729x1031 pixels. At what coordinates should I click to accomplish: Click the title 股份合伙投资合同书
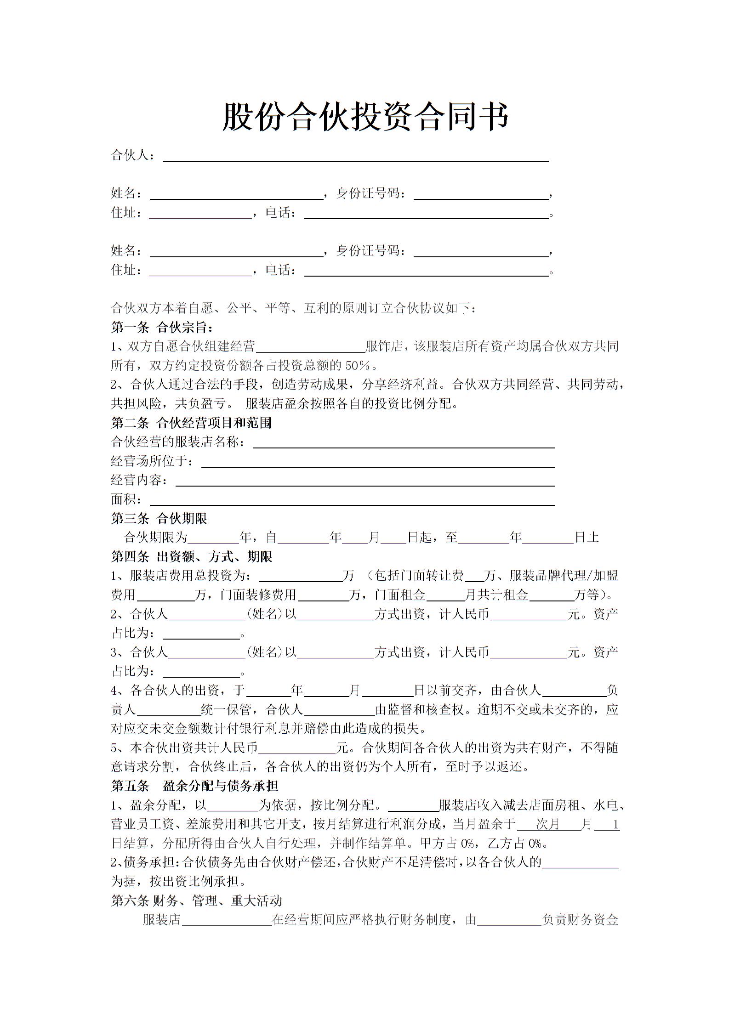click(365, 117)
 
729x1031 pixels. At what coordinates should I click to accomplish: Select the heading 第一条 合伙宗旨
click(162, 328)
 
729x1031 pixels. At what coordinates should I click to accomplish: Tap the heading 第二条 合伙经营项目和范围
click(191, 423)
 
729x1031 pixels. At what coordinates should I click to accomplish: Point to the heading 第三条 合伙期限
click(159, 519)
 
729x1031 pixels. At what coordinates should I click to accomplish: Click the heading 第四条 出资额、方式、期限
click(192, 557)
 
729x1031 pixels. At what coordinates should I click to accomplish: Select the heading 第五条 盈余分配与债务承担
click(194, 786)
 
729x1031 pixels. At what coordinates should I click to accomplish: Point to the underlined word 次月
click(548, 824)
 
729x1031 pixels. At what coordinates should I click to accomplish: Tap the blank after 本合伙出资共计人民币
click(297, 749)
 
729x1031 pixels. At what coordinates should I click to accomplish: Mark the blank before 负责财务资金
click(509, 921)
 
